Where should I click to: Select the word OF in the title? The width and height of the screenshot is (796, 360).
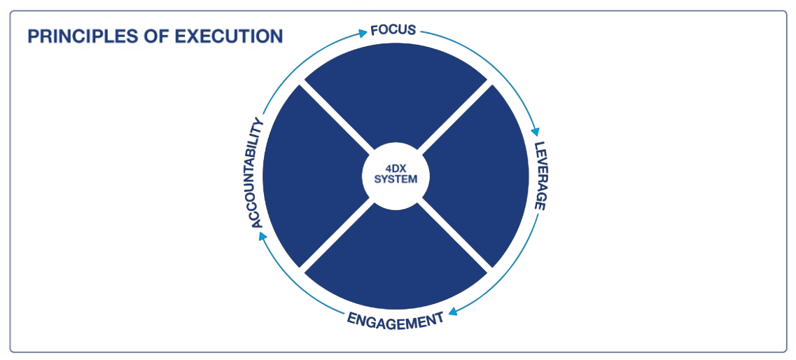[144, 36]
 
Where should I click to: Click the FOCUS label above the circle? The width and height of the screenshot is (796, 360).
[393, 30]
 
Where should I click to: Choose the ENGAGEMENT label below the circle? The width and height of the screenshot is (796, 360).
[396, 321]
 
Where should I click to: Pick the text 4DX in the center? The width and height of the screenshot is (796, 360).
[396, 168]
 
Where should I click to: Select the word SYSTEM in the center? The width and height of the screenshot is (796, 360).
[396, 179]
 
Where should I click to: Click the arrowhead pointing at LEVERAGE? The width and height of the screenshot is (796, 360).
[537, 132]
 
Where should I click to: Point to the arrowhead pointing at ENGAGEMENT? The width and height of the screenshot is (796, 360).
[453, 312]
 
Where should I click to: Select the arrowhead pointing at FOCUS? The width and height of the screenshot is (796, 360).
[362, 32]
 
